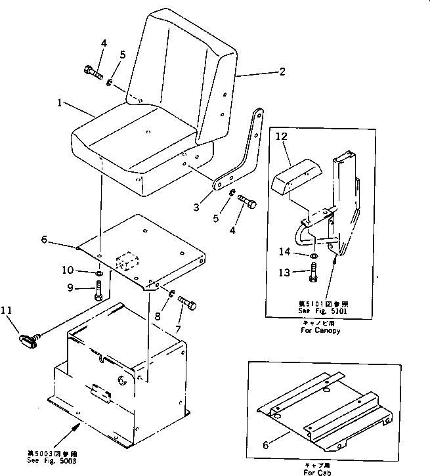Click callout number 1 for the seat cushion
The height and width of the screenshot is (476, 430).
(x=60, y=103)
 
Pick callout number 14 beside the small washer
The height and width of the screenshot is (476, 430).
(x=301, y=251)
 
